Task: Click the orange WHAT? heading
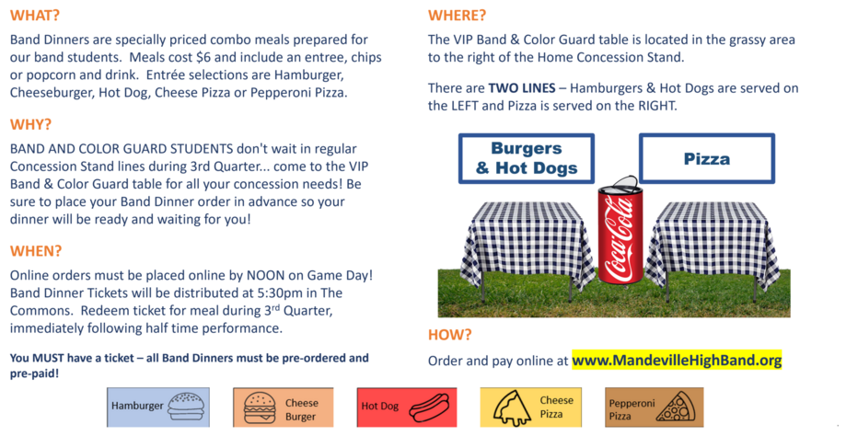pyautogui.click(x=35, y=15)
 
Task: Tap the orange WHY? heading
pyautogui.click(x=30, y=124)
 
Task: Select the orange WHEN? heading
pyautogui.click(x=36, y=250)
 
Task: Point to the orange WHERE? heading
pyautogui.click(x=457, y=15)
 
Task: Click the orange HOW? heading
pyautogui.click(x=450, y=335)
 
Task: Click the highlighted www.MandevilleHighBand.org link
pyautogui.click(x=677, y=360)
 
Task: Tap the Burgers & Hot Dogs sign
pyautogui.click(x=527, y=158)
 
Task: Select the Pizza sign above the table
pyautogui.click(x=707, y=158)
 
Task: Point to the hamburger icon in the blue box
pyautogui.click(x=186, y=407)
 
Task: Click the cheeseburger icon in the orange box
pyautogui.click(x=260, y=408)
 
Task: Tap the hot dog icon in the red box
pyautogui.click(x=429, y=407)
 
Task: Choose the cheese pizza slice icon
pyautogui.click(x=513, y=408)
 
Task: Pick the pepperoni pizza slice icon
pyautogui.click(x=676, y=407)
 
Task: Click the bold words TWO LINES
pyautogui.click(x=522, y=88)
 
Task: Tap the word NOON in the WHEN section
pyautogui.click(x=265, y=275)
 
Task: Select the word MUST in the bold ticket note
pyautogui.click(x=48, y=358)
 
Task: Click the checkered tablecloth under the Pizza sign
pyautogui.click(x=713, y=243)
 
